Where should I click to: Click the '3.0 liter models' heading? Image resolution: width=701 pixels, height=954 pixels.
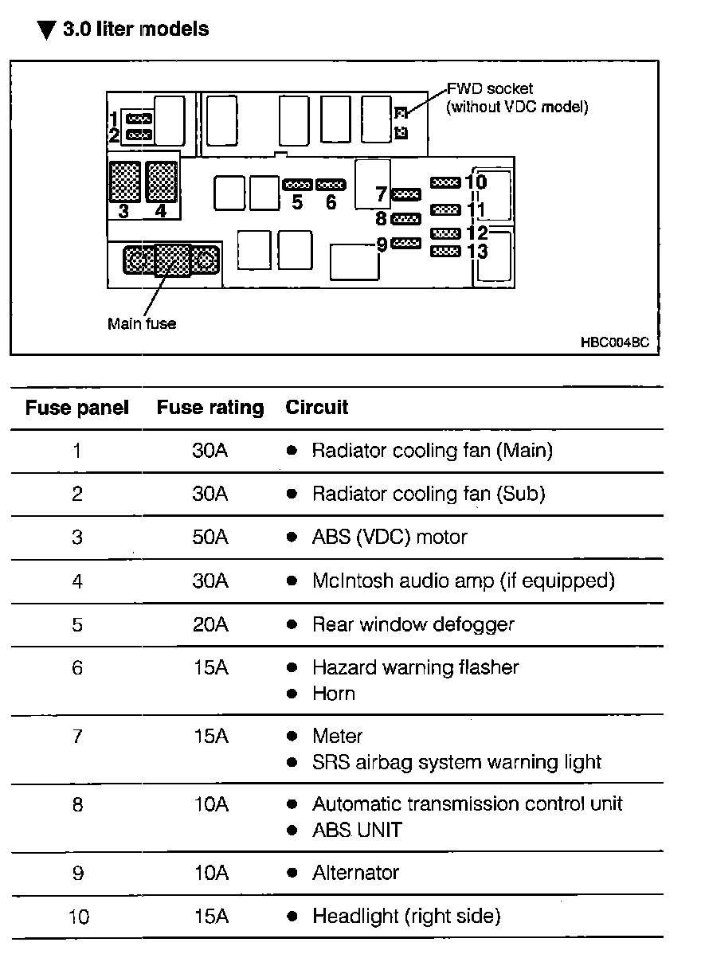click(x=135, y=29)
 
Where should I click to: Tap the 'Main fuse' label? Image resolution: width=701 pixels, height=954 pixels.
click(x=142, y=324)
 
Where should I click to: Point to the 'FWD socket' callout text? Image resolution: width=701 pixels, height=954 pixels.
click(x=490, y=89)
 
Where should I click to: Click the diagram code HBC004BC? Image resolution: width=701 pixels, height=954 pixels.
click(x=615, y=343)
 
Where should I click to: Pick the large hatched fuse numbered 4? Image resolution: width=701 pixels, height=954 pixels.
click(x=162, y=182)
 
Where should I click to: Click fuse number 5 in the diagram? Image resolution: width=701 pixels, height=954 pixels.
click(x=297, y=185)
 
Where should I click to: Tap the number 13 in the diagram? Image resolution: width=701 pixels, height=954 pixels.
click(x=477, y=251)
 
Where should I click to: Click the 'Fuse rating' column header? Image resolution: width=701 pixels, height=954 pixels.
click(x=210, y=408)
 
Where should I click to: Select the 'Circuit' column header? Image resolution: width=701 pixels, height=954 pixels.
click(x=317, y=407)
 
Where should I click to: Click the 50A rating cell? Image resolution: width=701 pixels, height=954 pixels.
click(x=210, y=538)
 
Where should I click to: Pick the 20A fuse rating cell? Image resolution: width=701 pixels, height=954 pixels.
click(x=210, y=624)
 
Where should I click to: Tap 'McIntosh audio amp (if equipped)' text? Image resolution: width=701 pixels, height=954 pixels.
click(x=463, y=581)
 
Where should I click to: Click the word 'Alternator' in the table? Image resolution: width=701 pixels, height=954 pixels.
click(x=355, y=873)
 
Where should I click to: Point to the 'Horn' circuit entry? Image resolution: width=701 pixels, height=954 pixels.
click(x=333, y=694)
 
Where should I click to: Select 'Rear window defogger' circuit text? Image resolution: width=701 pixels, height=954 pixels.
click(x=413, y=624)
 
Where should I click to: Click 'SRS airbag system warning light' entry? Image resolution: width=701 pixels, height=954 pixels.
click(x=456, y=762)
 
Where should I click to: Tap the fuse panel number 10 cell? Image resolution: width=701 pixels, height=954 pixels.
click(x=77, y=917)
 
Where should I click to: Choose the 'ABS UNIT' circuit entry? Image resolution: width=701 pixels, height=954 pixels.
click(x=357, y=831)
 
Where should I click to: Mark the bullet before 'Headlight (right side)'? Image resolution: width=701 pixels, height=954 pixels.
click(x=292, y=917)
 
